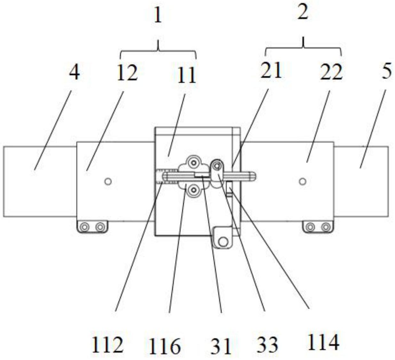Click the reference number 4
74,73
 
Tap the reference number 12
127,73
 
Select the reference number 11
187,75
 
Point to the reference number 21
271,70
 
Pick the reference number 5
387,71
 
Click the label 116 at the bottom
164,346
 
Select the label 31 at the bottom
221,346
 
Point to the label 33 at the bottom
267,345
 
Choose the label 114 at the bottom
323,343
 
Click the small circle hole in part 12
108,182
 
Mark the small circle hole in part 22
302,182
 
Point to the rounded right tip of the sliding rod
253,176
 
